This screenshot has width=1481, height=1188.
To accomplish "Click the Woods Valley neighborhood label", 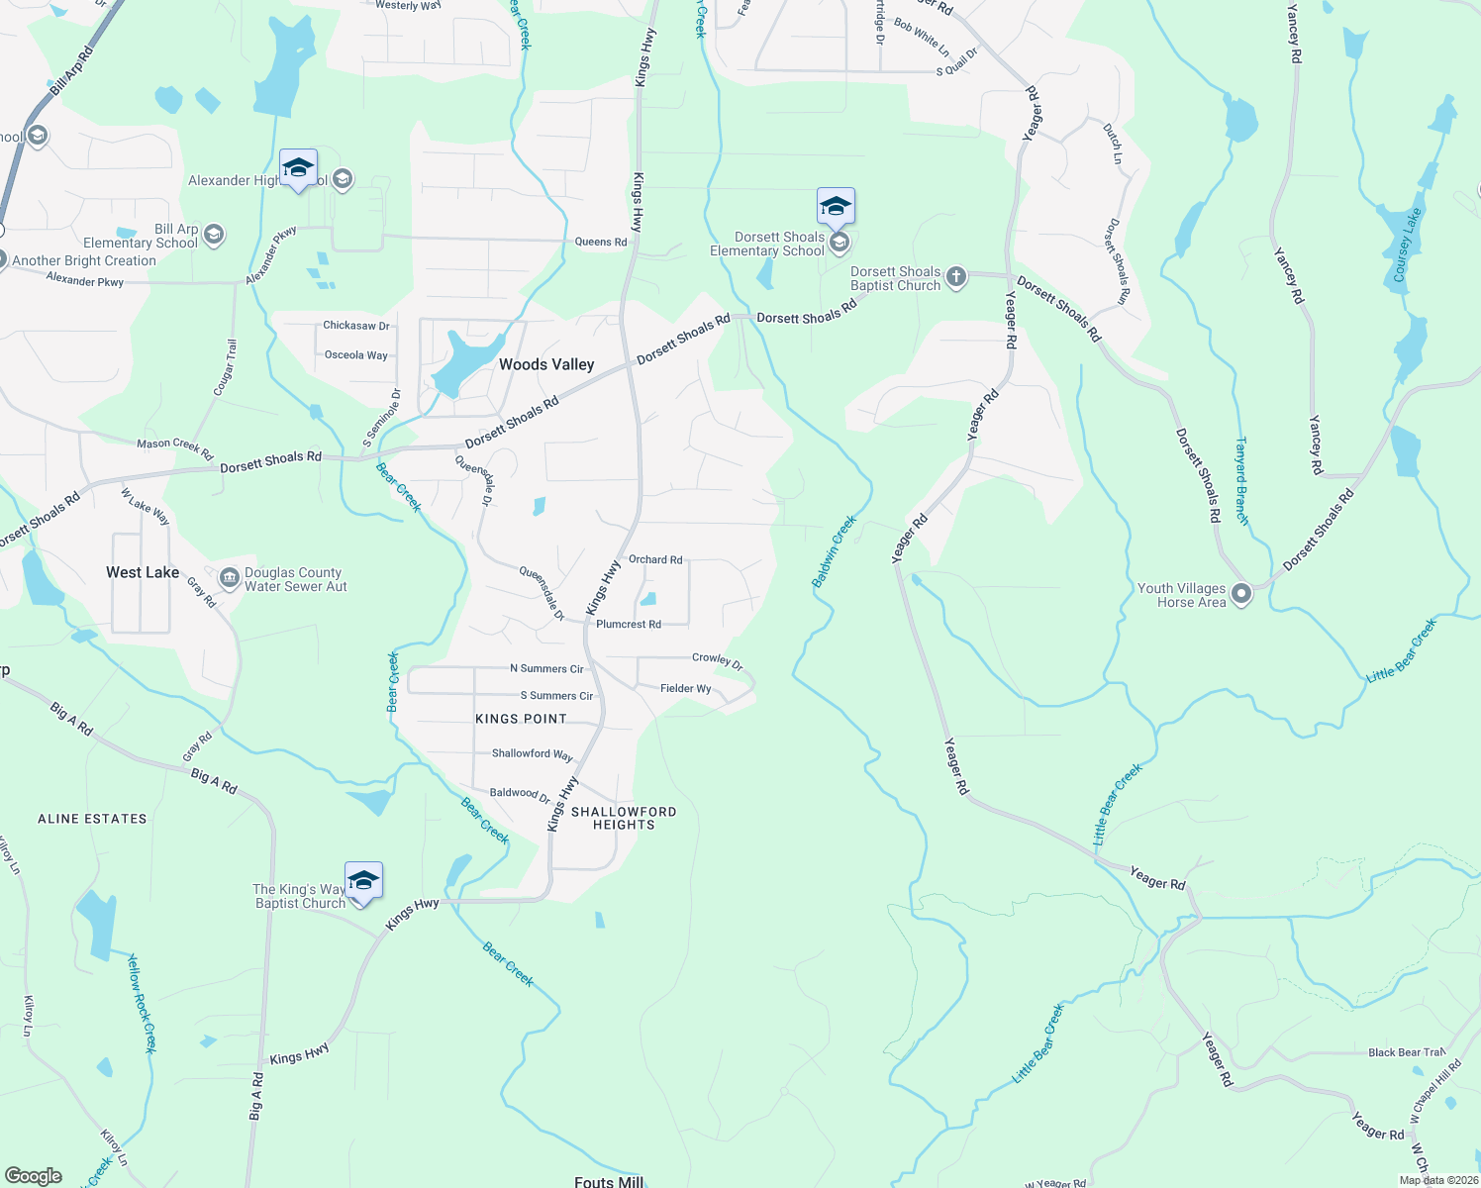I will coord(546,364).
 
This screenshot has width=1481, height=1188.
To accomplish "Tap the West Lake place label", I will coord(143,572).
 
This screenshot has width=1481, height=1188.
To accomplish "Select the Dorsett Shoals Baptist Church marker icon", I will coord(955,276).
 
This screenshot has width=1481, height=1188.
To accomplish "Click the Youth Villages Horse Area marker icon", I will coord(1241,594).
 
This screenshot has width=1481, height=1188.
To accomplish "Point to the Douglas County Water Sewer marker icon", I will coord(230,577).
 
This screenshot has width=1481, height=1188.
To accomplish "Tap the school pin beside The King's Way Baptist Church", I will coord(363,880).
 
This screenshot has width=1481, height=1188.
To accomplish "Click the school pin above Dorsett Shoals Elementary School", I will coord(836,206).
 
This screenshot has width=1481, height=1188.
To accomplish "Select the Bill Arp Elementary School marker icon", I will coord(214,235).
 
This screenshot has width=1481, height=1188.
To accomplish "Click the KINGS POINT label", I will coord(521,719).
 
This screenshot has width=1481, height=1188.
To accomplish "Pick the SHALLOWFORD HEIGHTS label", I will coord(624,818).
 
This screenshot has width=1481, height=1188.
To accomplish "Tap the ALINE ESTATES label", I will coord(92,819).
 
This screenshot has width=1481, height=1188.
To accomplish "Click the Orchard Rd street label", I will coord(655,559).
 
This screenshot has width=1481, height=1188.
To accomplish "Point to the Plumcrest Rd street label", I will coord(628,624).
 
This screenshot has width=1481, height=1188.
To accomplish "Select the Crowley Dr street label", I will coord(718,660).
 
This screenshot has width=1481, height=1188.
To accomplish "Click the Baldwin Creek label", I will coord(834,551).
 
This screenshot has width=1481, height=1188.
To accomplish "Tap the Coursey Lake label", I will coord(1407,245).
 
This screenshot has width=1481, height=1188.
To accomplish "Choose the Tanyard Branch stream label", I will coord(1241,480).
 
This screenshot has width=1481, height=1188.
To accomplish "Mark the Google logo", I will coord(34,1176).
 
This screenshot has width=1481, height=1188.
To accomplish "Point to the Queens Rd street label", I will coord(601,242).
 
